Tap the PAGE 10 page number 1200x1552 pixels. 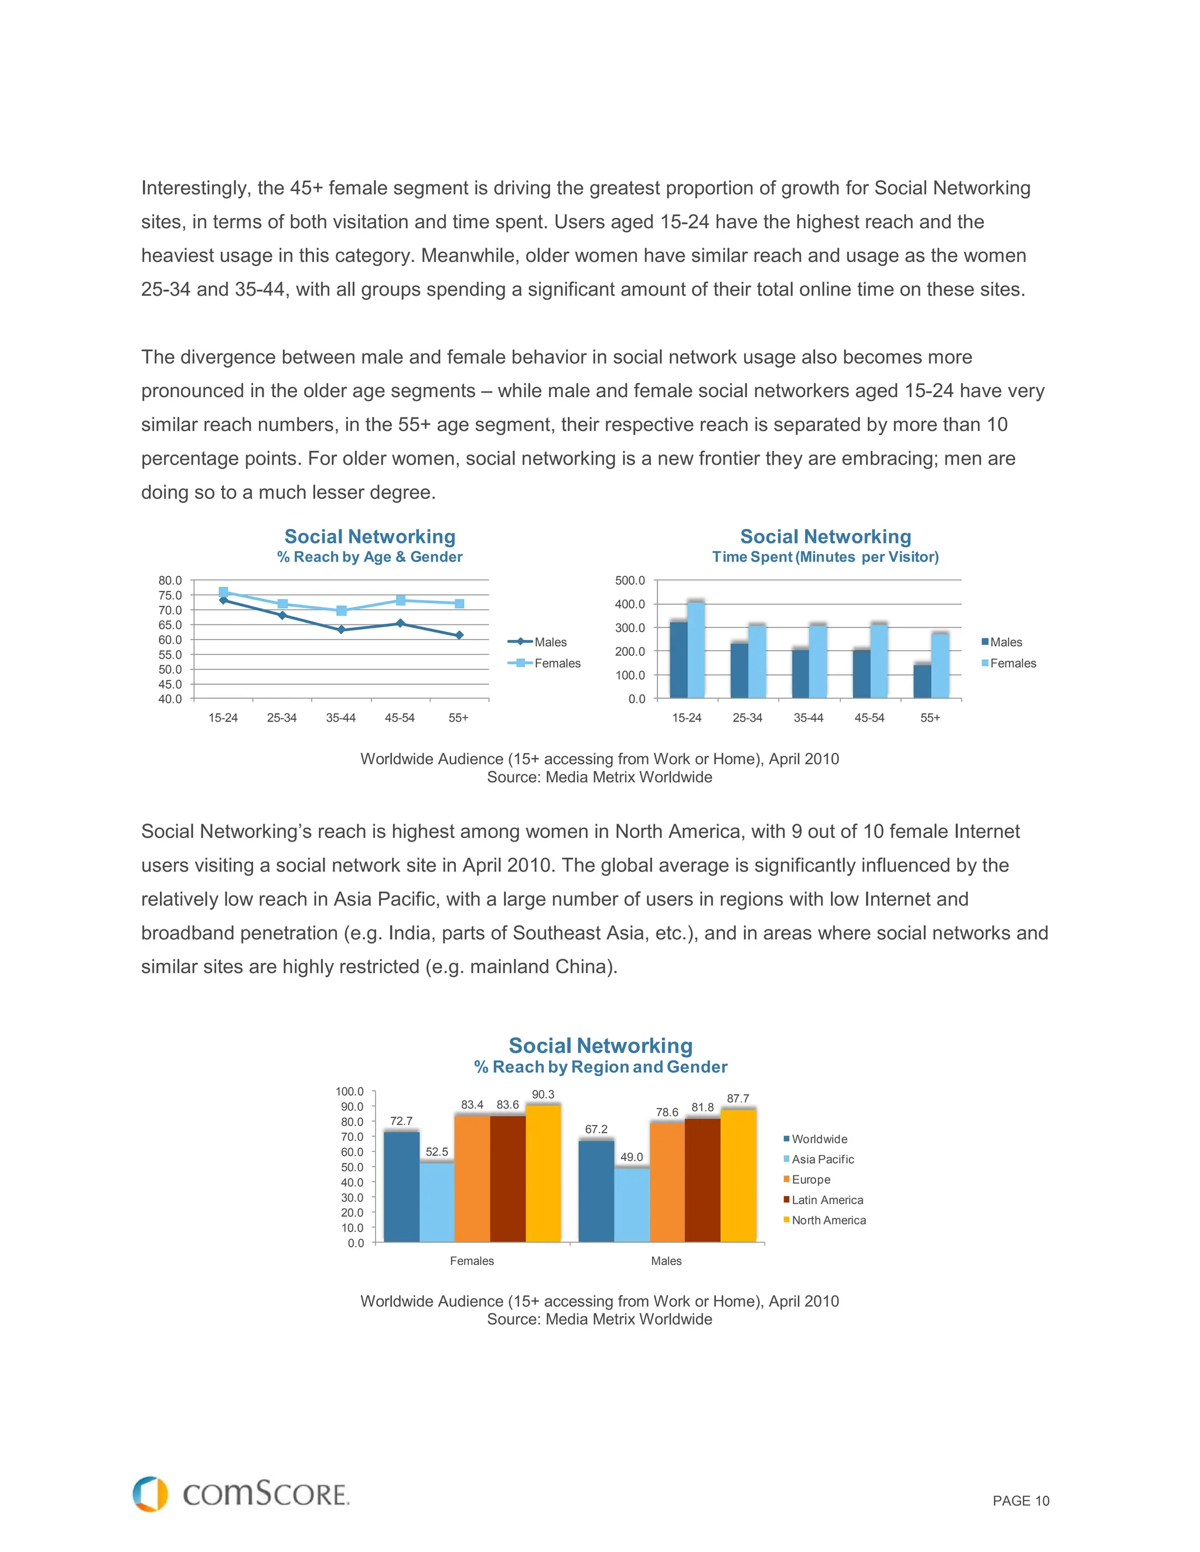pos(1020,1501)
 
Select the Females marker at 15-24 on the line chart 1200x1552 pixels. pos(223,592)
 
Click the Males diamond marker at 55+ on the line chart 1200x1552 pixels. pos(459,635)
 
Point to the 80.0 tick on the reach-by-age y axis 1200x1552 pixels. pos(170,580)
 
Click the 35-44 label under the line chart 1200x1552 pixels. pos(340,718)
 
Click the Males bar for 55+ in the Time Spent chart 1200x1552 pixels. pos(922,681)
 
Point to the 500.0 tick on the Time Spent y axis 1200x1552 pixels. pos(630,580)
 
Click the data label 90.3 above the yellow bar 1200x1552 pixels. pos(543,1095)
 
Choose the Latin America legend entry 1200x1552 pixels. pos(827,1199)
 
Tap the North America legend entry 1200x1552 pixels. pos(828,1220)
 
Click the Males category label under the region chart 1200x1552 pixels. pos(666,1261)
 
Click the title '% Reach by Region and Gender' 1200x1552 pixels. pos(601,1066)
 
